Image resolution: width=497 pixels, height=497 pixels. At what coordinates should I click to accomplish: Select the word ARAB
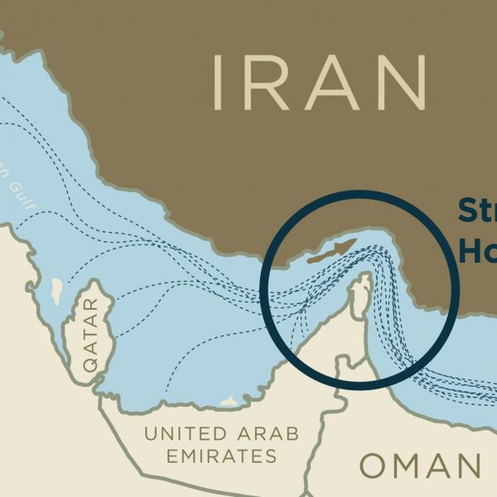(x=263, y=432)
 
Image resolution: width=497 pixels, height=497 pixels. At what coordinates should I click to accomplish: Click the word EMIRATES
(x=221, y=456)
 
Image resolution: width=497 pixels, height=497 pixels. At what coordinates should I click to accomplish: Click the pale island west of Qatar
(x=55, y=291)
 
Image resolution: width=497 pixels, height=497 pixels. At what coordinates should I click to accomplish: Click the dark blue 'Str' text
(x=476, y=211)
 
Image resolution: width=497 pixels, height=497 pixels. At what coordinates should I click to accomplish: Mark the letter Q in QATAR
(x=90, y=363)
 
